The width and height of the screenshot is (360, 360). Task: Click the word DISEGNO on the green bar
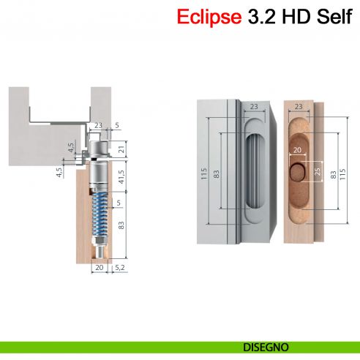265,347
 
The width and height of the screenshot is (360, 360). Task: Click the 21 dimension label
121,151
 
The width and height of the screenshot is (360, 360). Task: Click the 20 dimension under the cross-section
99,269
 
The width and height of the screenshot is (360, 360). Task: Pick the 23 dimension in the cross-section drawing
98,125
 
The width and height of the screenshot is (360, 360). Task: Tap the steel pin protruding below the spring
99,247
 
